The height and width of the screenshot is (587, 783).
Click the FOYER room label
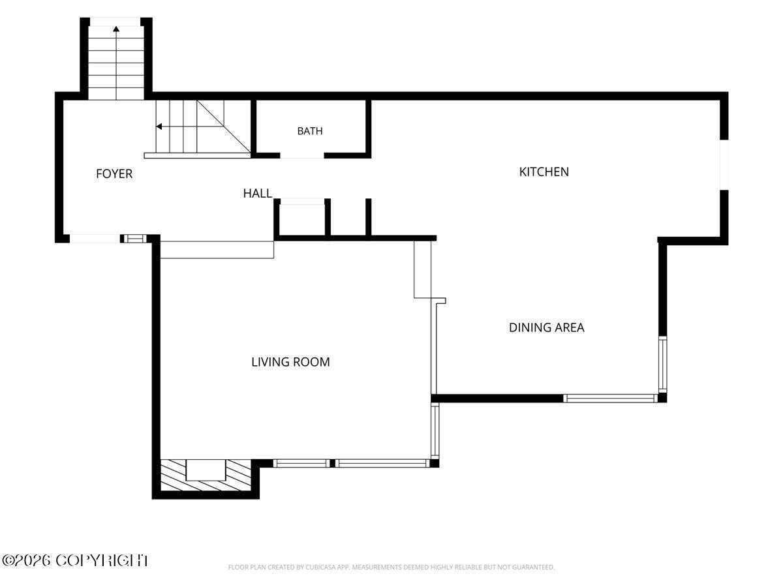point(114,174)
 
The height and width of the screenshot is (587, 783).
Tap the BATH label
point(310,131)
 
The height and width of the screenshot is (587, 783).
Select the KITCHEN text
point(544,172)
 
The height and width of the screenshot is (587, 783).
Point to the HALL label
point(258,194)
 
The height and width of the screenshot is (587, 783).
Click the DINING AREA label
point(546,327)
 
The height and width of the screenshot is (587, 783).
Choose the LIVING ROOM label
point(290,362)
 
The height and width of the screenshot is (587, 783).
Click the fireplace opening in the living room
point(206,470)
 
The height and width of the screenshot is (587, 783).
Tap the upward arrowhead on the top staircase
point(116,29)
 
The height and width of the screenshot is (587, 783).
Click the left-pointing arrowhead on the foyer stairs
point(159,127)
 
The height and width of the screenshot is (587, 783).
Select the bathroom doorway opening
point(302,155)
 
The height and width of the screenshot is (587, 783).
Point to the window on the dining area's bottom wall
point(610,398)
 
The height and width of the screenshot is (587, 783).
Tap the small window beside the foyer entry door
point(135,239)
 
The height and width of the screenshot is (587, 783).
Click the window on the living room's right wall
point(435,431)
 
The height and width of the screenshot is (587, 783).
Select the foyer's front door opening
point(95,239)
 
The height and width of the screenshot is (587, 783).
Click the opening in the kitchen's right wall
point(724,164)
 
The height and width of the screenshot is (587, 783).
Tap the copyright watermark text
point(75,560)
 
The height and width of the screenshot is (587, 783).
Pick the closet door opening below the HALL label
point(302,202)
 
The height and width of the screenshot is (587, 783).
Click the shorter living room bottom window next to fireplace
point(302,463)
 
